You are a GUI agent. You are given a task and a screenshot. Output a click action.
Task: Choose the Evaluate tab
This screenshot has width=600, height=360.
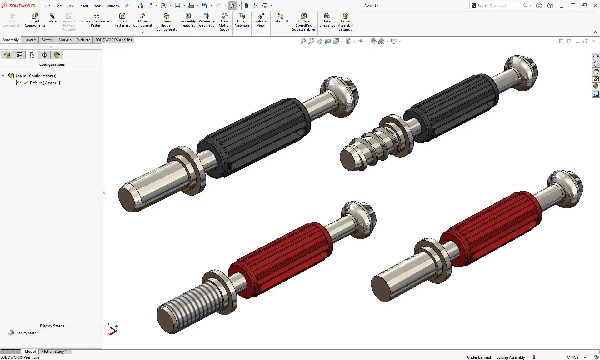83,40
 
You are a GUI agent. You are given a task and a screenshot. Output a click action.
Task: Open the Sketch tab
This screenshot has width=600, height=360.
47,40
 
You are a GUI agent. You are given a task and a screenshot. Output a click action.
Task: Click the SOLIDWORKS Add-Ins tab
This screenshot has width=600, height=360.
113,40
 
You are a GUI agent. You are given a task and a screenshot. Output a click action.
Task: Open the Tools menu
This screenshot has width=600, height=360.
97,6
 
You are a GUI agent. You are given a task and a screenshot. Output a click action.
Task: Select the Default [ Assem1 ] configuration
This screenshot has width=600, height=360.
45,83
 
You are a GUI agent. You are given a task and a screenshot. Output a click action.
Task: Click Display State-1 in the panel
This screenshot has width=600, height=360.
27,333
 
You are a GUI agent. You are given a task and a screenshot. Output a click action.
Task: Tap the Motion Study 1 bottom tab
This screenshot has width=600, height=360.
54,352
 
